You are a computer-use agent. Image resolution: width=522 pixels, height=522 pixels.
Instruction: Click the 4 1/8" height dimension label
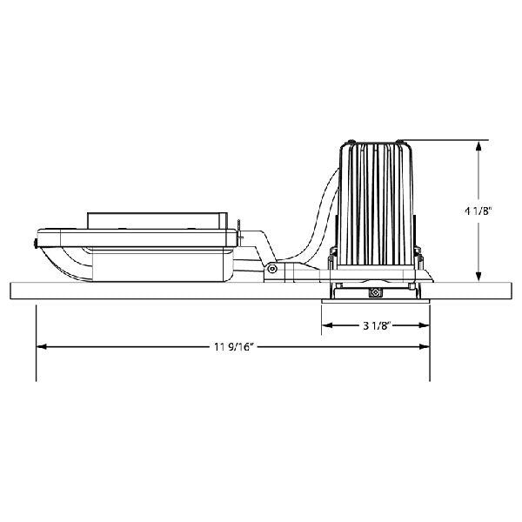click(x=478, y=211)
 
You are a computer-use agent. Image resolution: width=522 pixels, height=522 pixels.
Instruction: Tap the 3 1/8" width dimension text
click(x=376, y=325)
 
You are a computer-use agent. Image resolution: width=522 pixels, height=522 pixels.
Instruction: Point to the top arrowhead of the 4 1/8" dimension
click(x=478, y=147)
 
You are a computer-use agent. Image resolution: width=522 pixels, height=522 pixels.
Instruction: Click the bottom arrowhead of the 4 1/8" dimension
click(x=478, y=277)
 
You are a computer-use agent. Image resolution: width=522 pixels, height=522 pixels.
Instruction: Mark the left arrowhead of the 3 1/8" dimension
click(x=328, y=325)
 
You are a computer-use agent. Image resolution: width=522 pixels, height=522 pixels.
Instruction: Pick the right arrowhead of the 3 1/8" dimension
click(x=424, y=325)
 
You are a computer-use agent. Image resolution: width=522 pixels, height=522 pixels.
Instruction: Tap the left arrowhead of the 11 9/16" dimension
click(x=42, y=347)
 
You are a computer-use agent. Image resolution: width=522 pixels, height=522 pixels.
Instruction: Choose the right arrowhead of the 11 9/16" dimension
click(x=424, y=347)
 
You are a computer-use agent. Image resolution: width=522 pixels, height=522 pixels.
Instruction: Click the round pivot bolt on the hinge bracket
click(x=272, y=268)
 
